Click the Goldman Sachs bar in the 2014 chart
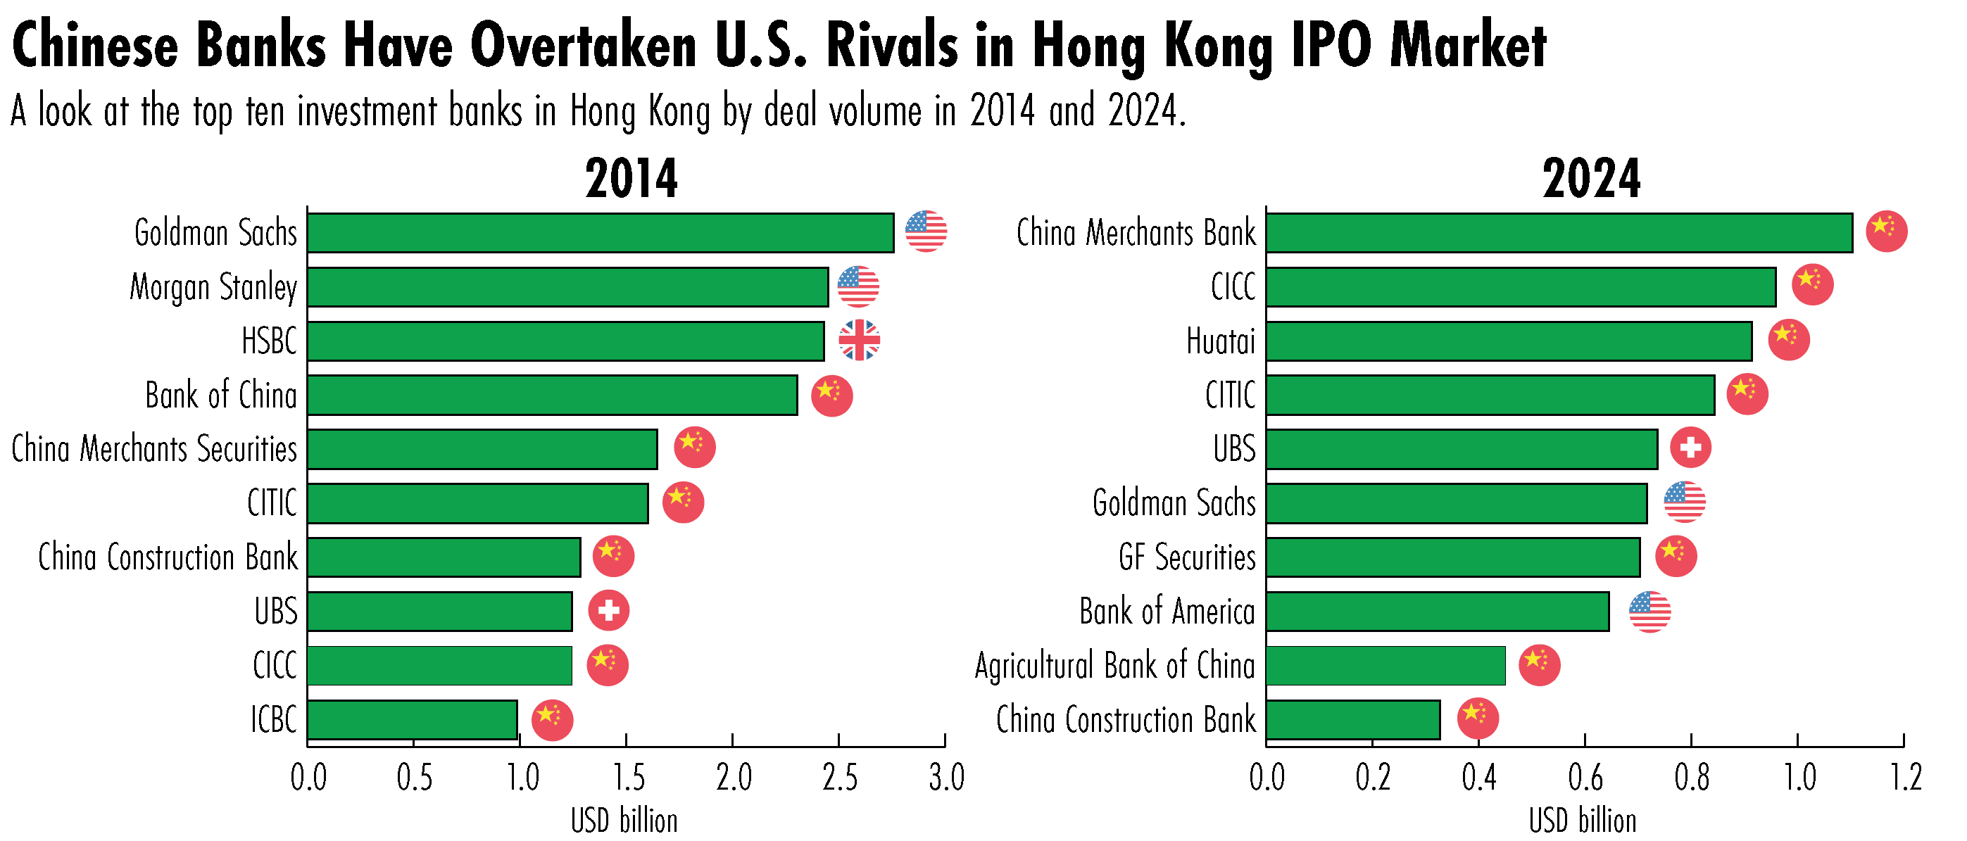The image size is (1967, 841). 601,233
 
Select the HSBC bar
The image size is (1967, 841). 566,341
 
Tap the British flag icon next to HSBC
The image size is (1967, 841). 859,340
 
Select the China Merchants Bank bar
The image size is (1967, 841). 1559,233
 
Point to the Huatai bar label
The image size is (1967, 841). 1220,341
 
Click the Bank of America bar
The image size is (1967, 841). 1437,612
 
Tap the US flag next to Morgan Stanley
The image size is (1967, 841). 857,287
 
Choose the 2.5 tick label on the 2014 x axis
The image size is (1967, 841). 839,778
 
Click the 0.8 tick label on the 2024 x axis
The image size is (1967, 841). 1691,778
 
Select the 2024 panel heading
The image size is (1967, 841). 1590,179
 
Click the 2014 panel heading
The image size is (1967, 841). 631,179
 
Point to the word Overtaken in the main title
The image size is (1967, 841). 584,46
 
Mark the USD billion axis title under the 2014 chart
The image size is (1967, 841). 624,821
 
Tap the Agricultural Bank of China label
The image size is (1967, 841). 1115,666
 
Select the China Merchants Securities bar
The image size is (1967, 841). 482,449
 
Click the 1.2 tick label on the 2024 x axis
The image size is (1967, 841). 1905,778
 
